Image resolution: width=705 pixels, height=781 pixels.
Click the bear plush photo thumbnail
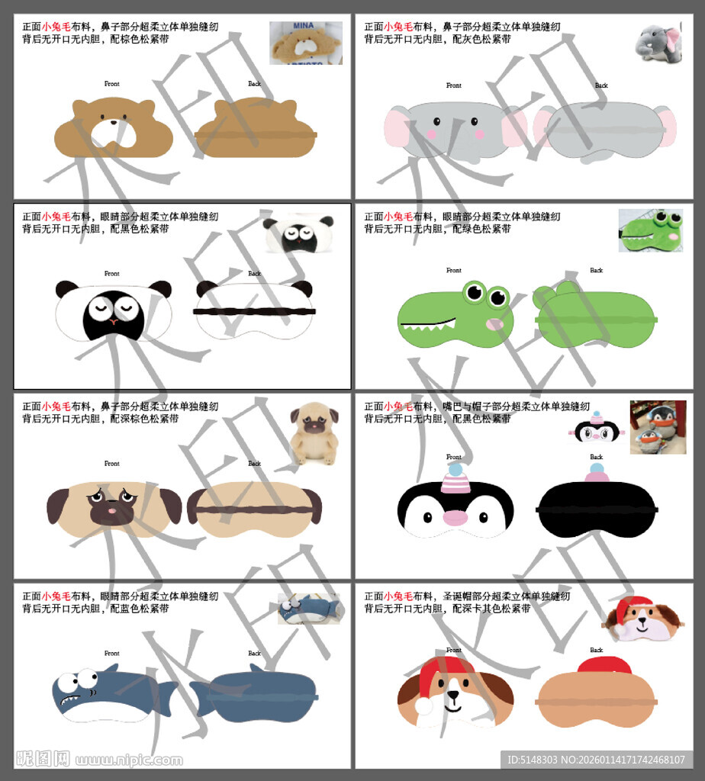[305, 43]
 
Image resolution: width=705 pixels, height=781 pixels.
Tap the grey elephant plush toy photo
[657, 42]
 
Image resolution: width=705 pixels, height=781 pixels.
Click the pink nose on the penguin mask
[455, 518]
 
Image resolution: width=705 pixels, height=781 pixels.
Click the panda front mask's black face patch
[112, 314]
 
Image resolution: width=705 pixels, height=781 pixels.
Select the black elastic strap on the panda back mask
[254, 311]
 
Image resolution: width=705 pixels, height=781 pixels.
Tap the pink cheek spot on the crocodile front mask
[494, 324]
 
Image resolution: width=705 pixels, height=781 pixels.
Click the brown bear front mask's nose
[113, 121]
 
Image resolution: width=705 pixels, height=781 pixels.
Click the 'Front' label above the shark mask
[112, 654]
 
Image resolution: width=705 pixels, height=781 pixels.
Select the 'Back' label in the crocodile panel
[596, 270]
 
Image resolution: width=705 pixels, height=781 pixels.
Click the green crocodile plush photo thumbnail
[651, 230]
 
